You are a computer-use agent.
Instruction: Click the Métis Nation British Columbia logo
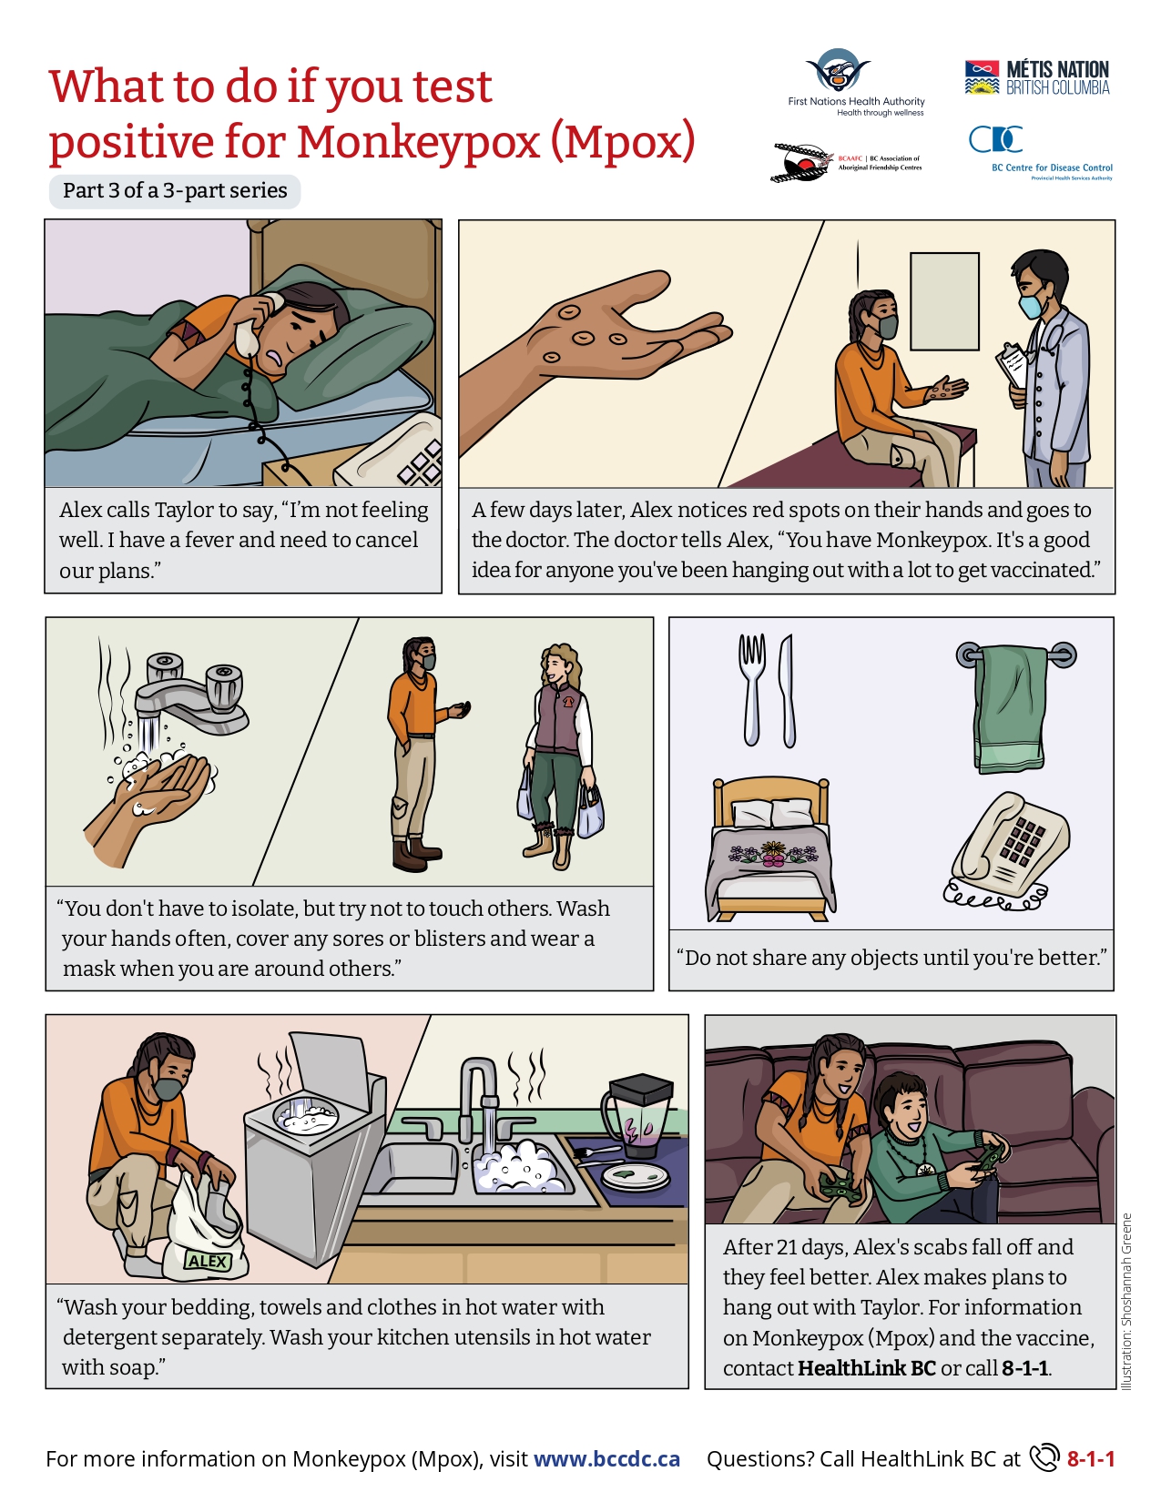pyautogui.click(x=1037, y=77)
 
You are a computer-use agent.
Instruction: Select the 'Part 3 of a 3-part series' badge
pyautogui.click(x=175, y=191)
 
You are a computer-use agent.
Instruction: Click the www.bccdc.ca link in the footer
pyautogui.click(x=606, y=1459)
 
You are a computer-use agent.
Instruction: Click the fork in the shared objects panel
pyautogui.click(x=751, y=687)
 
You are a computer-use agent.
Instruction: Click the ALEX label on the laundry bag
pyautogui.click(x=208, y=1261)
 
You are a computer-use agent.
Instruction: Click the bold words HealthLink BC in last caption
pyautogui.click(x=866, y=1368)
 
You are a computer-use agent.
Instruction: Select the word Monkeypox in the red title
pyautogui.click(x=419, y=143)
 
